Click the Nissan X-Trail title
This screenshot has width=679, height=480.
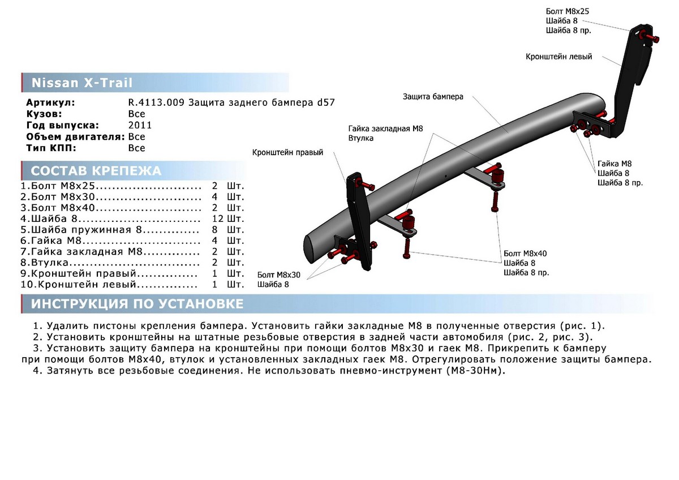coord(81,83)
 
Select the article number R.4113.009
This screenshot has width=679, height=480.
coord(156,102)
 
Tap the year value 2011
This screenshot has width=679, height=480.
coord(140,125)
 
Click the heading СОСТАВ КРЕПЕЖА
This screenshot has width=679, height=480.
coord(96,171)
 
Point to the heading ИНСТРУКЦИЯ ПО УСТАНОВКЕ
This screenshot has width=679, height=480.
coord(137,304)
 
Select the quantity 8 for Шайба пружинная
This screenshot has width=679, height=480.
coord(215,230)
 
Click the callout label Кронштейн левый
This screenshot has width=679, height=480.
coord(558,57)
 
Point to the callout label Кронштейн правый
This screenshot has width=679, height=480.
coord(287,153)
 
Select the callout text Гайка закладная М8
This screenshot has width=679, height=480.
coord(385,129)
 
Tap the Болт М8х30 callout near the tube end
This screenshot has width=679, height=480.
coord(279,275)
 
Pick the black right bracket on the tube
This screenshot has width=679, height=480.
coord(358,221)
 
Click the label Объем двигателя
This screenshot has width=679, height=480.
coord(75,136)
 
